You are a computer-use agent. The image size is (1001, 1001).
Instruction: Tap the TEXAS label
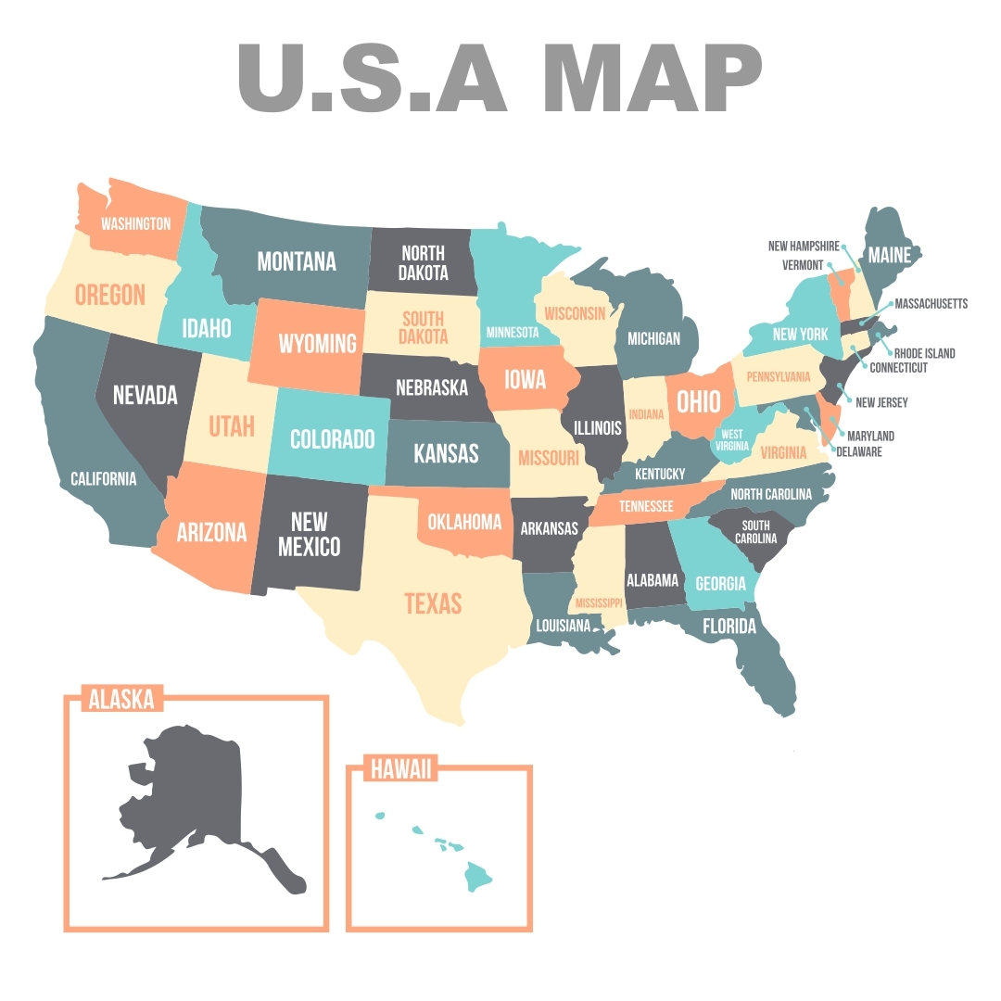[x=433, y=603]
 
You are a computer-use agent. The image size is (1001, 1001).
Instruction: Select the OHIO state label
[x=698, y=401]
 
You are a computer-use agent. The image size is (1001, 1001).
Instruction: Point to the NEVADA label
[x=146, y=395]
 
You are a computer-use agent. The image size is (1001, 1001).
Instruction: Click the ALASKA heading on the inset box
[x=121, y=699]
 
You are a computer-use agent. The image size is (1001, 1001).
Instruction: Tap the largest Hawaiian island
[x=479, y=874]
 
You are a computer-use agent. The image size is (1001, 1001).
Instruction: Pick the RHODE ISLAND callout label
[x=924, y=353]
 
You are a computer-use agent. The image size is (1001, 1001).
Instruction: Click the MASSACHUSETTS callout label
[x=931, y=303]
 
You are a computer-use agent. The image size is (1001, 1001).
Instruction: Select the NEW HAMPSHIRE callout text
[x=804, y=247]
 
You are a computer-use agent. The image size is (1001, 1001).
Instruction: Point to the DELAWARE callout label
[x=859, y=452]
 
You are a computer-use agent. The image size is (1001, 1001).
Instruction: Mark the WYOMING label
[x=318, y=343]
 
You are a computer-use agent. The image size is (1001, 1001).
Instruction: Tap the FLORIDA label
[x=729, y=627]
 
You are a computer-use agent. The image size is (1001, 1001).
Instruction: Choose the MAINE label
[x=889, y=254]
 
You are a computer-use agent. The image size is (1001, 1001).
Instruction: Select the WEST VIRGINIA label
[x=732, y=439]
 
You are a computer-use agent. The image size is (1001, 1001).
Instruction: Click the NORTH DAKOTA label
[x=424, y=262]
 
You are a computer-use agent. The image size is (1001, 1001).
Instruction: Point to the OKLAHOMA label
[x=465, y=522]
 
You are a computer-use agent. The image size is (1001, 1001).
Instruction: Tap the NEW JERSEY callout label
[x=881, y=402]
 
